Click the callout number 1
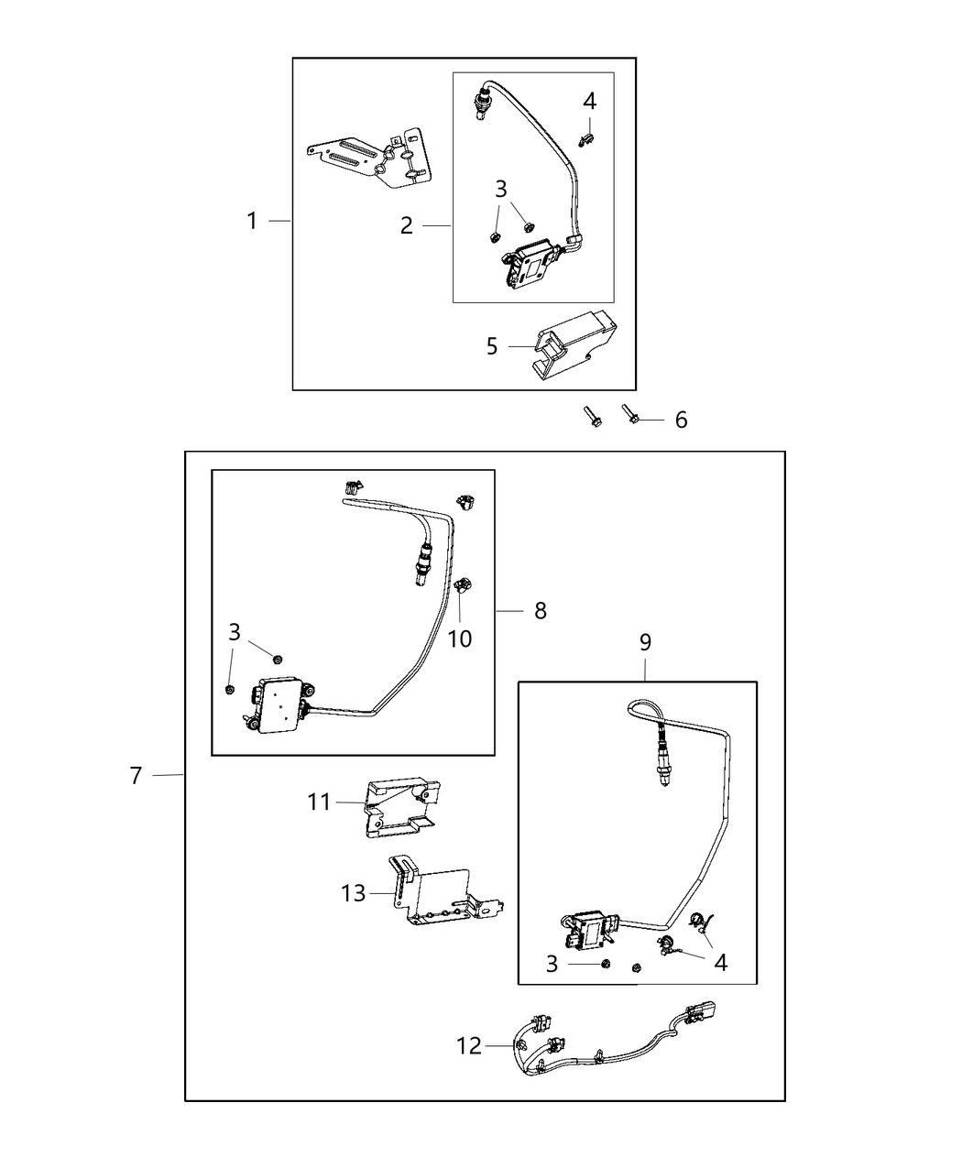(x=252, y=221)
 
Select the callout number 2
(x=407, y=225)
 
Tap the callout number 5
(x=492, y=346)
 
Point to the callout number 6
(x=681, y=420)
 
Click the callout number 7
(x=136, y=775)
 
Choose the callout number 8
(x=541, y=610)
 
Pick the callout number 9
(x=645, y=642)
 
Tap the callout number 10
(x=460, y=639)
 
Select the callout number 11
(x=319, y=802)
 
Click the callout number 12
(x=469, y=1045)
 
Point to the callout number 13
(x=354, y=892)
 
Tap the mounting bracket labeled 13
(x=440, y=898)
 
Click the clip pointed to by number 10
(x=464, y=585)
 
